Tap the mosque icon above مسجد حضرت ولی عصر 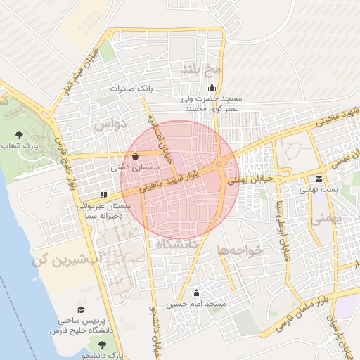[x=212, y=88]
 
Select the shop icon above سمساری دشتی [x=135, y=157]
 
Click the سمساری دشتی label [x=136, y=169]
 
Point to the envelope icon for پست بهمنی [x=319, y=179]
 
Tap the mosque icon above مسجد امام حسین [x=196, y=292]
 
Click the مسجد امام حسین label [x=196, y=304]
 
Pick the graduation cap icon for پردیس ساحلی [x=81, y=309]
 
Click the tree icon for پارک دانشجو [x=103, y=345]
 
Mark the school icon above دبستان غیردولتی [x=103, y=194]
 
